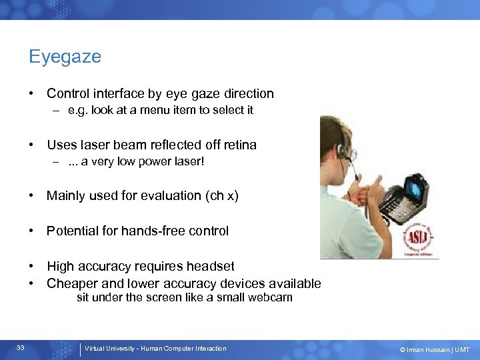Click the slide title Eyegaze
[65, 57]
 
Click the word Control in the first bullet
[70, 94]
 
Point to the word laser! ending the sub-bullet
[187, 161]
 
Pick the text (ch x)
[222, 195]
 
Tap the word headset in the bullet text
[211, 267]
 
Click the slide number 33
[21, 348]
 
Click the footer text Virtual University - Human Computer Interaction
[155, 349]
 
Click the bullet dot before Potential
[31, 231]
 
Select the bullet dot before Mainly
[31, 195]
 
